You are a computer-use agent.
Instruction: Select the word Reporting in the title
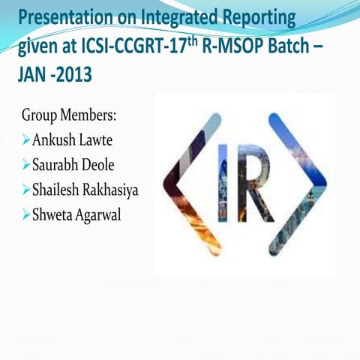point(256,16)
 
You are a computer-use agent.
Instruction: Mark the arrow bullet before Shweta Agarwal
point(26,214)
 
